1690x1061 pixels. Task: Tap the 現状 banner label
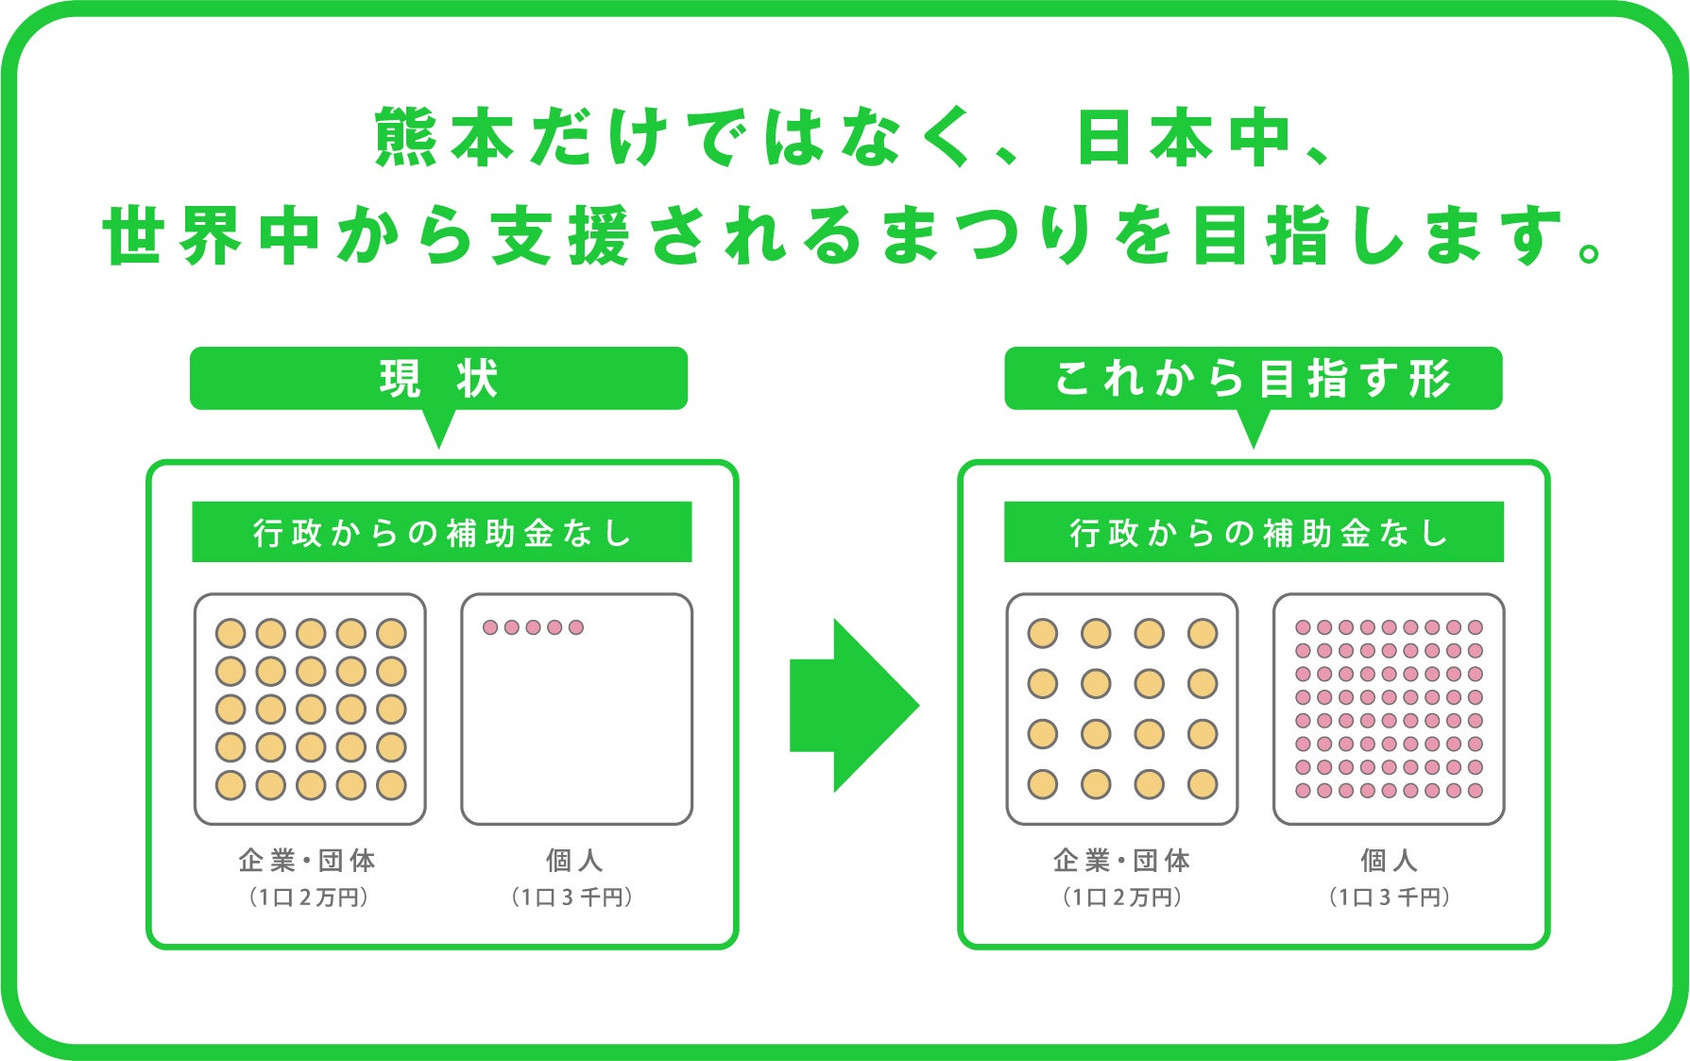click(438, 379)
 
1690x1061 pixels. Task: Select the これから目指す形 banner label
click(1253, 379)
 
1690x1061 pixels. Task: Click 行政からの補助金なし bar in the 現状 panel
click(441, 533)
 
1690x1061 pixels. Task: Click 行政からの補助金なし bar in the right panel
click(1254, 533)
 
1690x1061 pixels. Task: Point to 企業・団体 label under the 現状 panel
click(308, 861)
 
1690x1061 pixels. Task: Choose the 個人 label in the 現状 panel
click(574, 861)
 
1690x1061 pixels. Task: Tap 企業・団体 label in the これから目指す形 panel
click(1122, 861)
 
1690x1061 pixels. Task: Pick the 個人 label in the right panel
click(1389, 861)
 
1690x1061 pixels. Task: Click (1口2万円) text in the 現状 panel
click(308, 898)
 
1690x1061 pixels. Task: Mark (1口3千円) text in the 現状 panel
click(572, 898)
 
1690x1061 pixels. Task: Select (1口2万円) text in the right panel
click(1122, 898)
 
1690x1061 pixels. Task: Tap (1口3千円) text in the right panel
click(1389, 898)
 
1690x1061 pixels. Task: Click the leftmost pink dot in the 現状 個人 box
click(490, 627)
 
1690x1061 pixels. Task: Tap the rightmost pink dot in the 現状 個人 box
click(576, 627)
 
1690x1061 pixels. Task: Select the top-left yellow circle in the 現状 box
click(230, 633)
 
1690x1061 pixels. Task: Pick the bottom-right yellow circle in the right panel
click(1203, 784)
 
